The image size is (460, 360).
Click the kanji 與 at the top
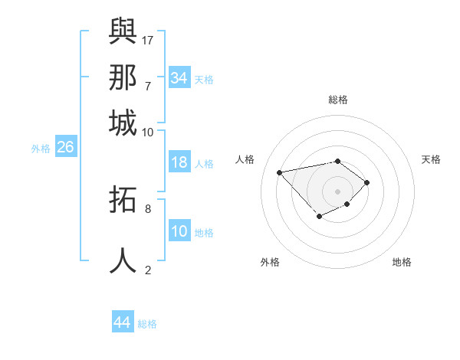coord(123,31)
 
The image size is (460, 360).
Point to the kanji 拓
coord(123,200)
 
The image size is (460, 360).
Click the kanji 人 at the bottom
coord(123,260)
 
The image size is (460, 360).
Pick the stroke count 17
coord(148,39)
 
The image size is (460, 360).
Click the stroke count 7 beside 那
coord(147,86)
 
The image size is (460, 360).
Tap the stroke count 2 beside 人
coord(147,270)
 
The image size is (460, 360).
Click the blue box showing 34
coord(179,78)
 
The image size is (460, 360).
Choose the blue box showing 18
coord(179,162)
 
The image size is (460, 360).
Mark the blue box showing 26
coord(65,147)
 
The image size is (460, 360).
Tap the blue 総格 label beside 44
coord(147,324)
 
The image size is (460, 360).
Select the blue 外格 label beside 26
coord(41,149)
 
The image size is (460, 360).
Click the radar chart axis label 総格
coord(338,100)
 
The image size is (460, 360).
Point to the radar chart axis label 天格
coord(431,159)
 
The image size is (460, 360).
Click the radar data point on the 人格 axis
coord(280,172)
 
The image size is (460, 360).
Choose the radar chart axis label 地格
coord(402,262)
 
